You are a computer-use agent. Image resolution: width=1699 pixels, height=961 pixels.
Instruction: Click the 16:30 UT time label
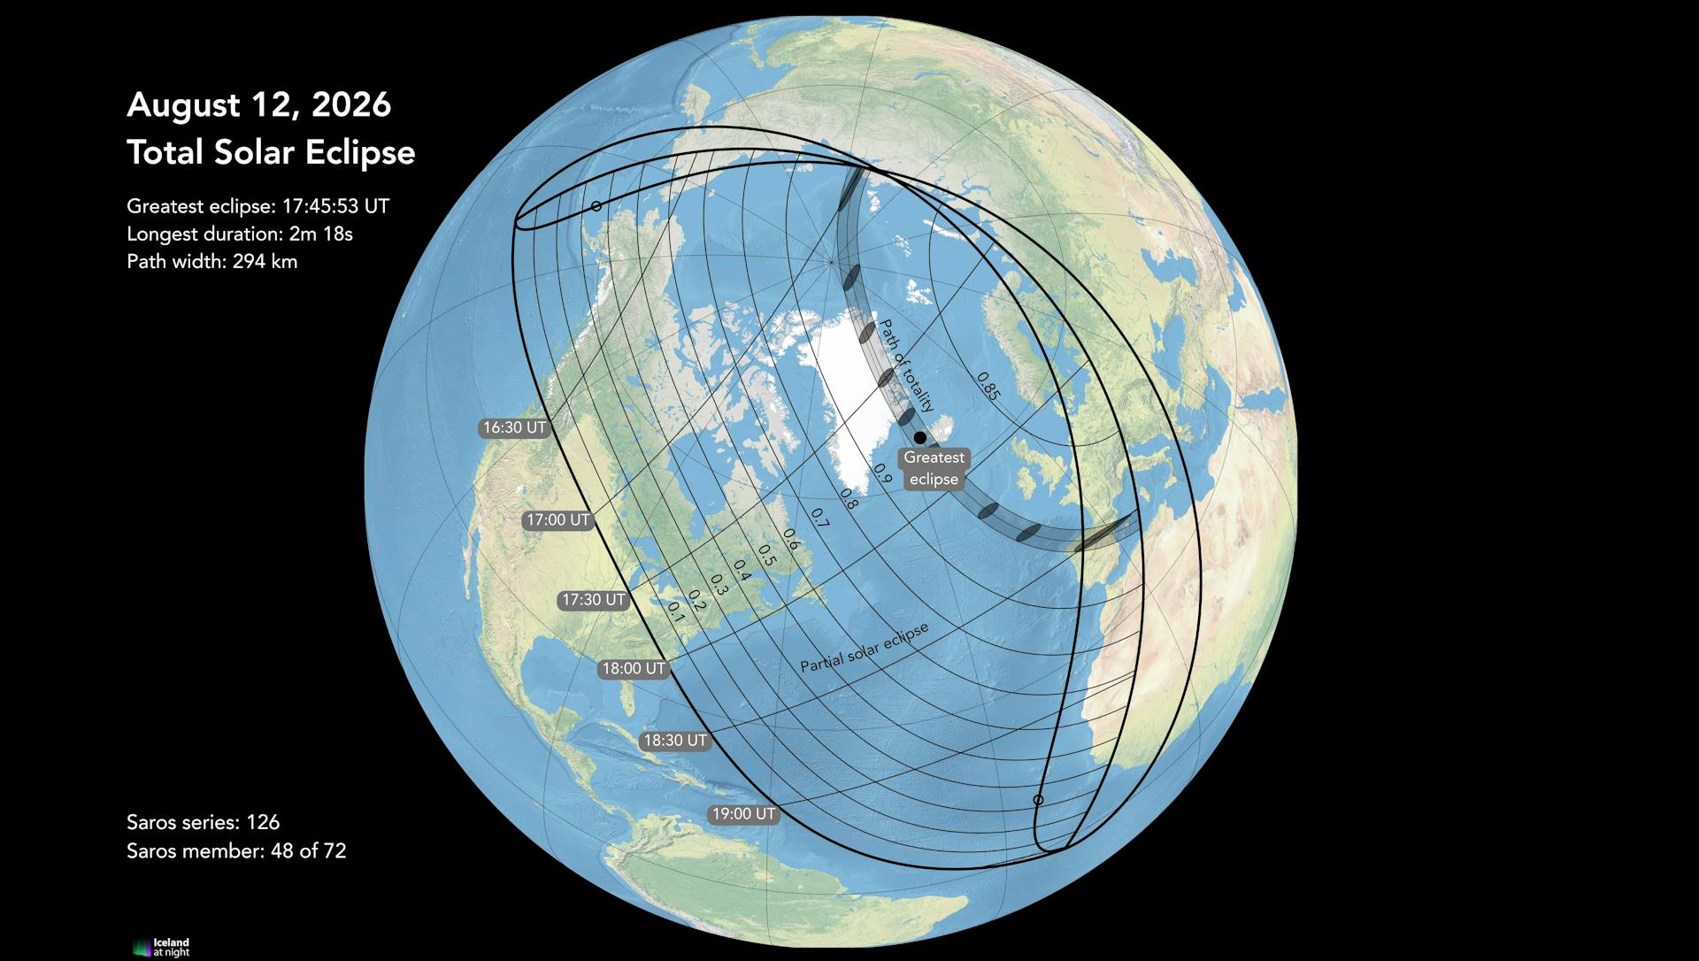point(514,428)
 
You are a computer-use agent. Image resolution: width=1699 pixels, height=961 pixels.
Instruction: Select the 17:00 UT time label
point(557,520)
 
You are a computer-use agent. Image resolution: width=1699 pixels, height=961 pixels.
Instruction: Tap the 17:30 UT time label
point(594,600)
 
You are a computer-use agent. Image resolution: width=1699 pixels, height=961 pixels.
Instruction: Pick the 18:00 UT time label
point(633,669)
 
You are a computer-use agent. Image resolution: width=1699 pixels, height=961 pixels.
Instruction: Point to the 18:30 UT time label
point(675,741)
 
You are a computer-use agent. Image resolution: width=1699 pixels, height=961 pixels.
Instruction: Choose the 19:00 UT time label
point(743,814)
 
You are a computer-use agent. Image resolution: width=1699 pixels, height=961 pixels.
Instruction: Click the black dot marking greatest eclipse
point(920,437)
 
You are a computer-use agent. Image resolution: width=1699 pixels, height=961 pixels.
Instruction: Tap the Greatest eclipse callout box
point(934,469)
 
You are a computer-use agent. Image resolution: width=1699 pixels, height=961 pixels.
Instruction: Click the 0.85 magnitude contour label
point(988,386)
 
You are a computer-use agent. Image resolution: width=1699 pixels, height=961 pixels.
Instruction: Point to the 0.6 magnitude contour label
point(790,539)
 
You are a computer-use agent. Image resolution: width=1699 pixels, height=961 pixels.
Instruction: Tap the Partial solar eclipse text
point(865,648)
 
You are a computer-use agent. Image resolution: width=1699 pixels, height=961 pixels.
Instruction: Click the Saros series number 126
point(263,823)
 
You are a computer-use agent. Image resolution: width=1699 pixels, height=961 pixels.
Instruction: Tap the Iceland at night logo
point(161,947)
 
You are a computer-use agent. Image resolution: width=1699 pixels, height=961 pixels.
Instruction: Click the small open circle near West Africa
point(1039,800)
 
